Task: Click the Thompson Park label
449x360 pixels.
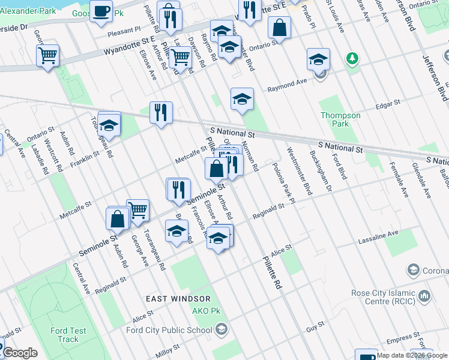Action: (340, 119)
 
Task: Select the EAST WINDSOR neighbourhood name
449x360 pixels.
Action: (178, 298)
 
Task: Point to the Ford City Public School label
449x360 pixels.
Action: (169, 329)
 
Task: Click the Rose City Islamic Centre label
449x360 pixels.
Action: (384, 297)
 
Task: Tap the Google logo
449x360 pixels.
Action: (19, 353)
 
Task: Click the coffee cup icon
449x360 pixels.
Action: (101, 10)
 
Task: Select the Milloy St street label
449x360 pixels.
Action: (167, 349)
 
